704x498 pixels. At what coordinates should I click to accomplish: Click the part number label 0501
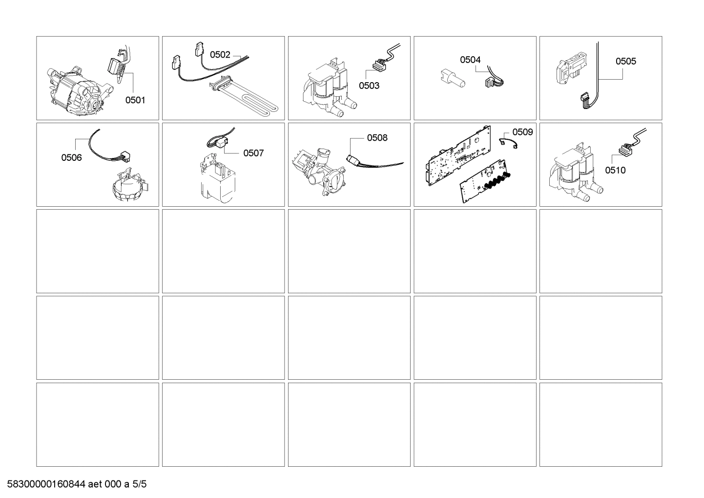135,100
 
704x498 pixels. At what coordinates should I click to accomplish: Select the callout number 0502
220,55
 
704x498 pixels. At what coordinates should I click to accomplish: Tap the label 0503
369,86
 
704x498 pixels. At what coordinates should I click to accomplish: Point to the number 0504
470,60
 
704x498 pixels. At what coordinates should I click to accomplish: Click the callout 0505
625,61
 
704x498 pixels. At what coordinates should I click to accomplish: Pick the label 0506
71,157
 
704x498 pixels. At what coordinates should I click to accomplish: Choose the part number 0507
253,153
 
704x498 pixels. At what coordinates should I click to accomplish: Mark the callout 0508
377,138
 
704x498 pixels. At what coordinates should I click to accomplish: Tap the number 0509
522,132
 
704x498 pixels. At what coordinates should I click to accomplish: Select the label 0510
615,170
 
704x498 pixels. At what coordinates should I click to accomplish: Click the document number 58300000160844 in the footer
46,484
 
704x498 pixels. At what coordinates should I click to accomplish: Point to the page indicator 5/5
139,484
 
